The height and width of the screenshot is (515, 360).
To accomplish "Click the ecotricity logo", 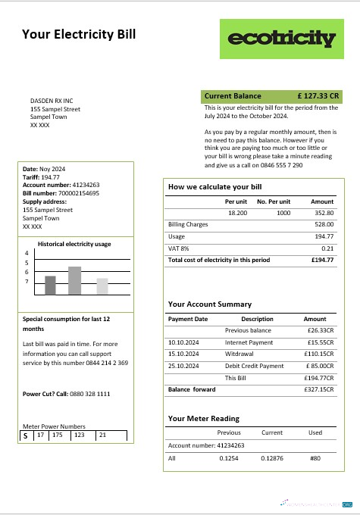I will pos(281,39).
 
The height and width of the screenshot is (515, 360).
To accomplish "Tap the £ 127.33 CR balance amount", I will pos(318,96).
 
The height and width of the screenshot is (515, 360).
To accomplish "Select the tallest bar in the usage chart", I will pos(74,280).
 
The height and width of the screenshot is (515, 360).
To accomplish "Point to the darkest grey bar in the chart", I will pos(50,285).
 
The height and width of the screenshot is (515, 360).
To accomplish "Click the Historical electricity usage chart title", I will pos(75,244).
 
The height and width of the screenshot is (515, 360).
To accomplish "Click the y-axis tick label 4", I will pos(27,254).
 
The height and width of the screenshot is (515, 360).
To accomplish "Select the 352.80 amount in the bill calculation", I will pos(323,213).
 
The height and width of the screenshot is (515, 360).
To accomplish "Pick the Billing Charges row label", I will pos(187,225).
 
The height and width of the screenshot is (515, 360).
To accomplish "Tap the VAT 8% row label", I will pos(179,248).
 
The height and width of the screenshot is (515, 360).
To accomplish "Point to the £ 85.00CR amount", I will pos(319,366).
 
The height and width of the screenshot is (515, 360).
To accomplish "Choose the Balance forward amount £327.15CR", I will pos(318,389).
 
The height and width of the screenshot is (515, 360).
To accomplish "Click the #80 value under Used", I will pos(315,458).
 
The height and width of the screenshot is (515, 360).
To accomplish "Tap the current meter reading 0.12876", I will pos(272,458).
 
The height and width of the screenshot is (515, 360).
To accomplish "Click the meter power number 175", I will pos(58,435).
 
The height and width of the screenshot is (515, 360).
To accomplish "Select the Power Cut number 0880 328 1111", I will pos(84,394).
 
